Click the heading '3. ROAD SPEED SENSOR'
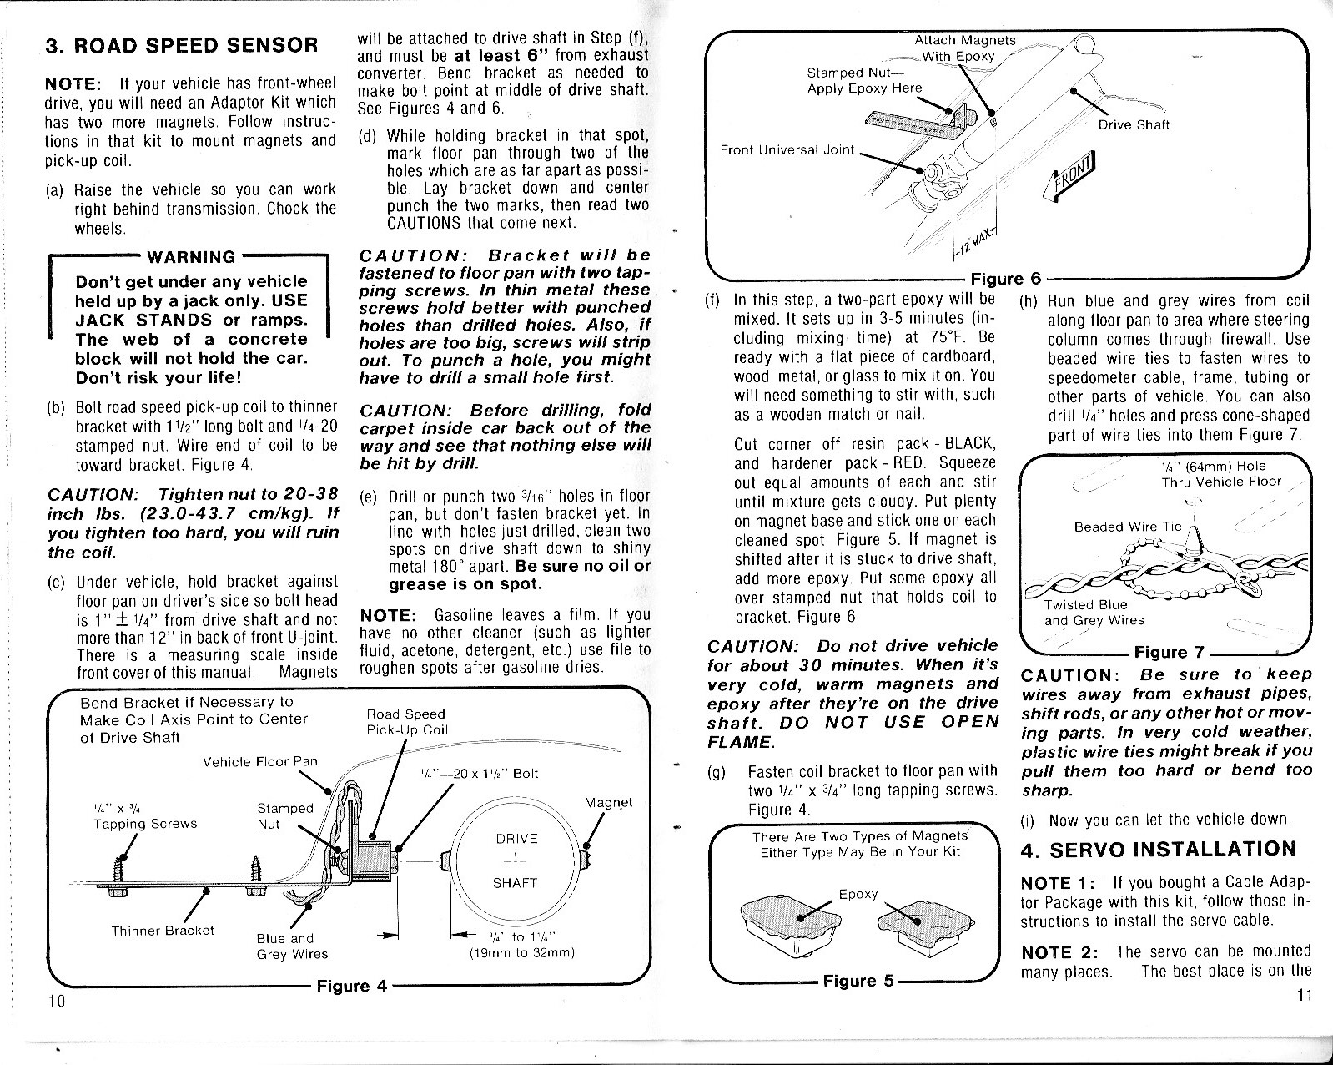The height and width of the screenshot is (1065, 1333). [181, 46]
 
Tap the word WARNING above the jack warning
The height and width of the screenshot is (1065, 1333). [190, 257]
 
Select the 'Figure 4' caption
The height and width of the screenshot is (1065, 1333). [352, 986]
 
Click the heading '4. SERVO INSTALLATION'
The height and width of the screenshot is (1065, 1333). [1159, 850]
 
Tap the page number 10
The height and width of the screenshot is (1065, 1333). [57, 1002]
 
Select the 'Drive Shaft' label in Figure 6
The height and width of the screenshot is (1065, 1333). [1134, 125]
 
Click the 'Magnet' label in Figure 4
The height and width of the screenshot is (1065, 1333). [608, 803]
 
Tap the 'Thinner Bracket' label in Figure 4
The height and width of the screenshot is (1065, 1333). [163, 930]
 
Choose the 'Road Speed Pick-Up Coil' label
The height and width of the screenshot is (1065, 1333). [406, 722]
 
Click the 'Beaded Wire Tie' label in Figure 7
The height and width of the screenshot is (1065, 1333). [1128, 527]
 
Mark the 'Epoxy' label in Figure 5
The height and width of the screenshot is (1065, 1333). [858, 894]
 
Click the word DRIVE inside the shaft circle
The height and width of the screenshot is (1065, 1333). [516, 839]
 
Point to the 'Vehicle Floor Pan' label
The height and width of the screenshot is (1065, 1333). [260, 761]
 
